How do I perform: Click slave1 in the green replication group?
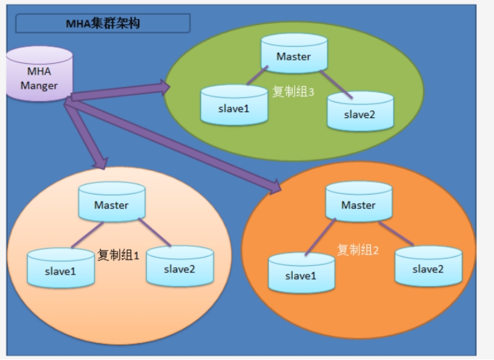(234, 108)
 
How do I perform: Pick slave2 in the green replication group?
(360, 114)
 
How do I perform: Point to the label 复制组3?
(293, 92)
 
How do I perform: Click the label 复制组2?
(358, 250)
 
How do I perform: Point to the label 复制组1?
(118, 256)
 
